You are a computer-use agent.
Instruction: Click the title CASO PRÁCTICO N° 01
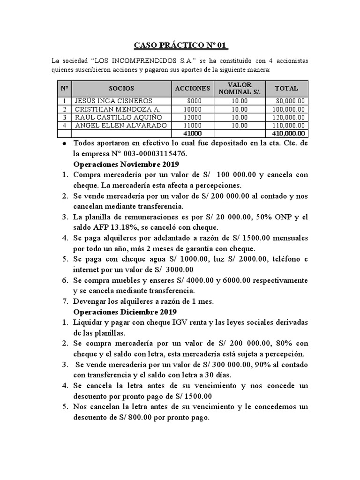click(x=180, y=45)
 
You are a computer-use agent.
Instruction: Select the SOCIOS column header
click(x=121, y=88)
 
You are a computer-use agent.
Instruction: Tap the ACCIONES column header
click(x=192, y=88)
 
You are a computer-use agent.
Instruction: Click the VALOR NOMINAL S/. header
click(x=239, y=88)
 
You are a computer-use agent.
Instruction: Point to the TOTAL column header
click(x=286, y=88)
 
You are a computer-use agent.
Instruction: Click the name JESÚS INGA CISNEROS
click(x=113, y=100)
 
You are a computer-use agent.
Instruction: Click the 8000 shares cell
click(x=194, y=100)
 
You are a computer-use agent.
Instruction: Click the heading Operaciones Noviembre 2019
click(x=124, y=164)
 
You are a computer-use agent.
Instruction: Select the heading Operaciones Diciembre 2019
click(x=123, y=312)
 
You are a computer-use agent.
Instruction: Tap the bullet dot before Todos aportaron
click(x=64, y=144)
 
